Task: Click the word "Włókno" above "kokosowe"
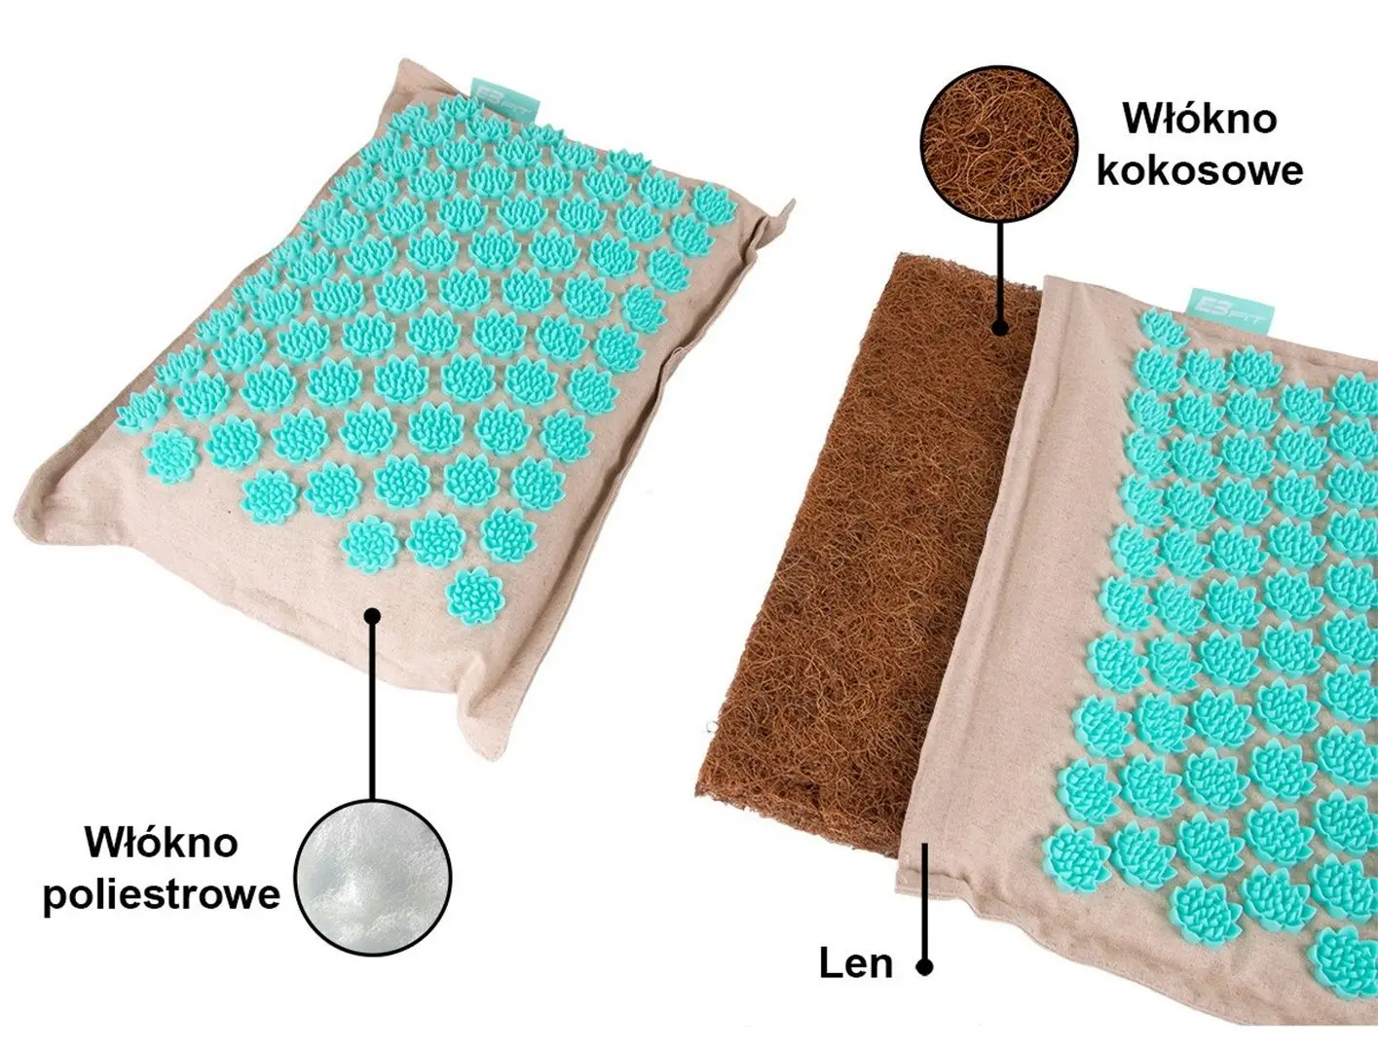tap(1200, 119)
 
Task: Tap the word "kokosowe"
tap(1200, 169)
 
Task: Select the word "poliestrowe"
tap(162, 893)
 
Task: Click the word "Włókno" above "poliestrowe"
tap(162, 842)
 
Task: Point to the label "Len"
tap(856, 963)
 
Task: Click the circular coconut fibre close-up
tap(999, 144)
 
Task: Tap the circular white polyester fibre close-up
tap(373, 877)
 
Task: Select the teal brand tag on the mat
tap(1232, 310)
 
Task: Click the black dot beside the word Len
tap(924, 966)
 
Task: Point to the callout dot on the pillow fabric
tap(373, 616)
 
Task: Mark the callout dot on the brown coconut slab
tap(1001, 326)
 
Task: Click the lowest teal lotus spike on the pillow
tap(475, 594)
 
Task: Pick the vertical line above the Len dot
tap(924, 901)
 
